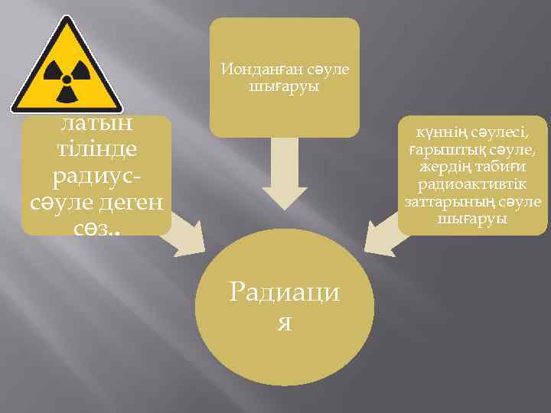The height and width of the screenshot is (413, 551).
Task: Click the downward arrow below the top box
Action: click(x=285, y=176)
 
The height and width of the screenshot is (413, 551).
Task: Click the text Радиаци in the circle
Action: click(x=285, y=294)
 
